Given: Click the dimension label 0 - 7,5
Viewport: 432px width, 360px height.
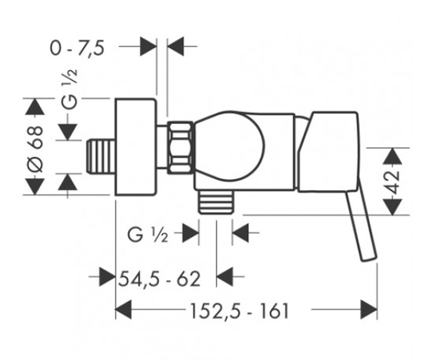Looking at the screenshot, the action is tap(77, 49).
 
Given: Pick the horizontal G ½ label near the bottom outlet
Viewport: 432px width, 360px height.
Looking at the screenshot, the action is tap(148, 236).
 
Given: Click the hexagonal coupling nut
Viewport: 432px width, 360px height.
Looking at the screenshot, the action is tap(180, 148).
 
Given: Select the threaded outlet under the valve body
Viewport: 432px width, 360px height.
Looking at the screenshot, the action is tap(215, 202).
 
